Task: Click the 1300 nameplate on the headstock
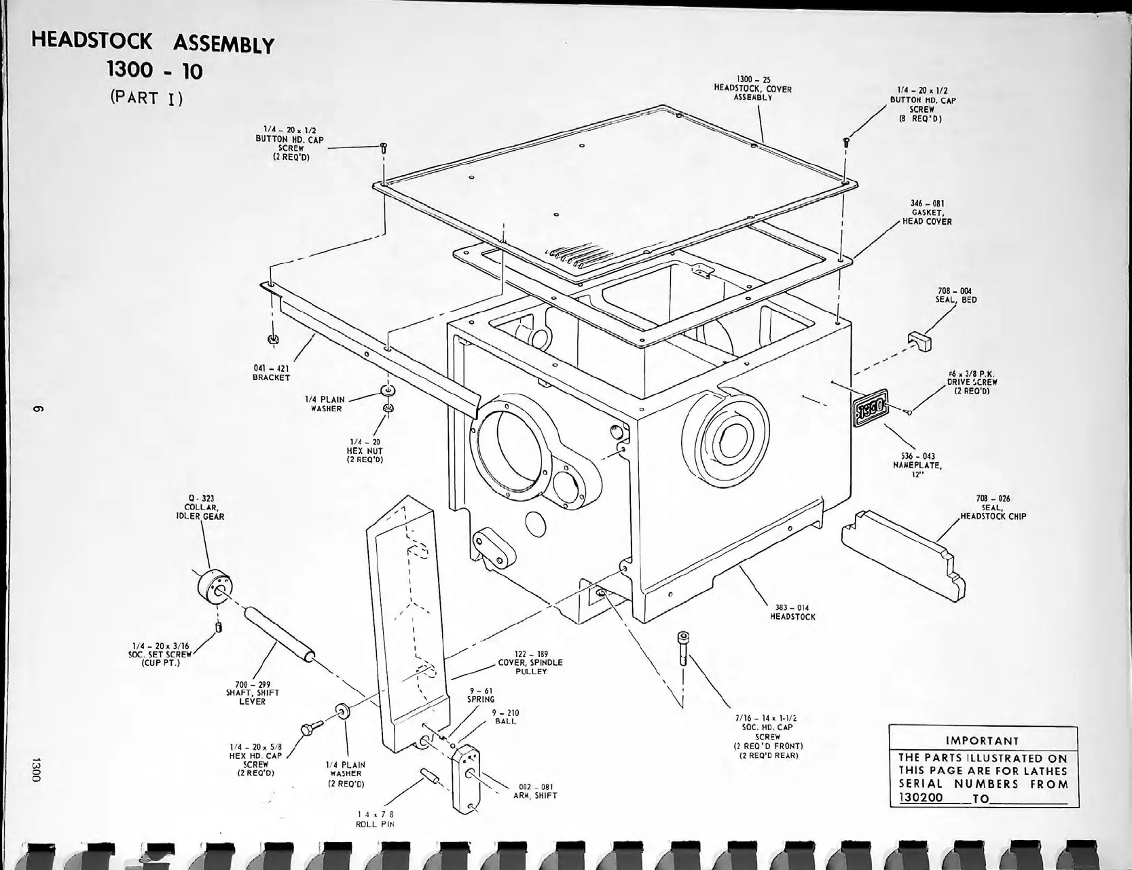point(869,411)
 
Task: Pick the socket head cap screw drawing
point(682,648)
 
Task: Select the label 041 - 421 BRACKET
point(271,373)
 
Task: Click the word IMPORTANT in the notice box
point(983,740)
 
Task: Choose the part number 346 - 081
point(927,203)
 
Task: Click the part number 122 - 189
point(531,654)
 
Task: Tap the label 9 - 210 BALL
point(506,717)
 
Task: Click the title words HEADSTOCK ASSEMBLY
point(153,42)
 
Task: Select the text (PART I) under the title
point(146,97)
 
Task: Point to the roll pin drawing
point(431,776)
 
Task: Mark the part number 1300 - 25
point(753,79)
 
